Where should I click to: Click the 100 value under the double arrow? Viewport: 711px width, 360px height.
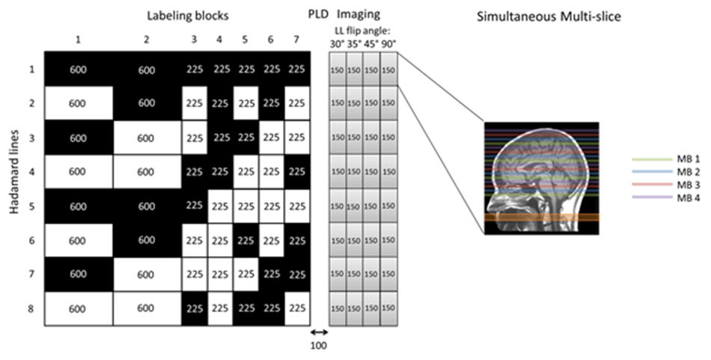tap(320, 346)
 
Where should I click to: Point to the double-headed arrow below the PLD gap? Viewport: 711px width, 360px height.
tap(320, 332)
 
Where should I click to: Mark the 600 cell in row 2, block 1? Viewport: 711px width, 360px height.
tap(78, 103)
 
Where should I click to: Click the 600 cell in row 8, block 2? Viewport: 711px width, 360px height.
tap(147, 308)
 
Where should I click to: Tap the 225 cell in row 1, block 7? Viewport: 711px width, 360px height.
tap(297, 69)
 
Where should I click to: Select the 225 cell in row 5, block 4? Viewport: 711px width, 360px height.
tap(220, 206)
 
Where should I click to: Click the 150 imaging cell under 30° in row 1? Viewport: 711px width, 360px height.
tap(337, 70)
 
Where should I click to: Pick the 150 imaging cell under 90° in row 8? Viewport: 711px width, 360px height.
tap(388, 308)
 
